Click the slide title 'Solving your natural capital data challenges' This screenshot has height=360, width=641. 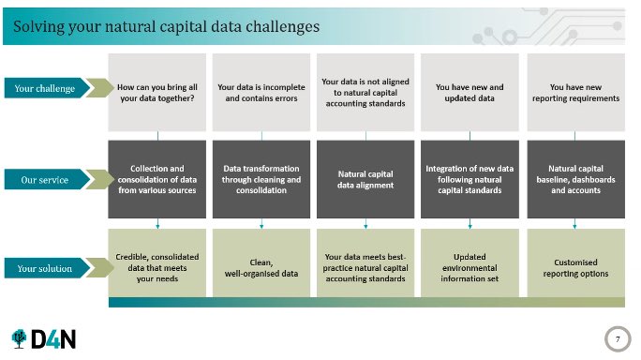166,26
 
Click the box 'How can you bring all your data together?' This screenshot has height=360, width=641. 157,91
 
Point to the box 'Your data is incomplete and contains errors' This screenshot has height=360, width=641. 261,91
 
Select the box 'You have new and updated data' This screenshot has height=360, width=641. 470,91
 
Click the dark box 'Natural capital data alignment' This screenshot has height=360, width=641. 365,180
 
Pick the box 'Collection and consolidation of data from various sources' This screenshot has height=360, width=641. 157,180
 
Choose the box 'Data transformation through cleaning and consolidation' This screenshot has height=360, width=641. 261,180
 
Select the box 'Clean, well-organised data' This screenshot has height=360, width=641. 261,267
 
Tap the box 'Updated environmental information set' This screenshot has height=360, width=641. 470,267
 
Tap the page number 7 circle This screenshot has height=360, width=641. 617,337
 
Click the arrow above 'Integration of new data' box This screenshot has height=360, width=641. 470,136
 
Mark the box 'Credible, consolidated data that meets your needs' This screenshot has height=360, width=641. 157,267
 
